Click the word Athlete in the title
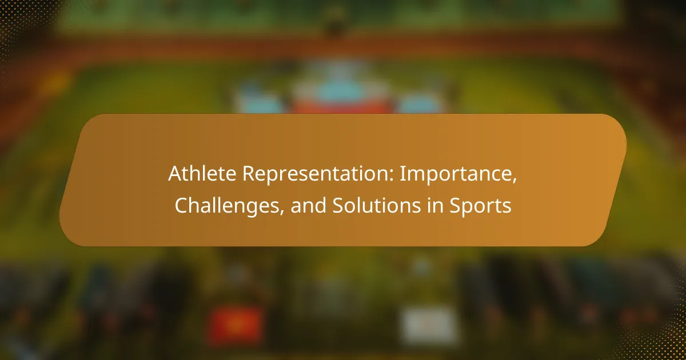(202, 174)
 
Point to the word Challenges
(227, 205)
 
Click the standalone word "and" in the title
(308, 205)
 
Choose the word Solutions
(377, 205)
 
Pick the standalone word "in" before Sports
(435, 205)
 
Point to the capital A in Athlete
(176, 174)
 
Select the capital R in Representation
(250, 174)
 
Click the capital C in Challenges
(182, 205)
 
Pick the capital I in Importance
(402, 174)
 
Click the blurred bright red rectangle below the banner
(236, 325)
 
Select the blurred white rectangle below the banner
(429, 325)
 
